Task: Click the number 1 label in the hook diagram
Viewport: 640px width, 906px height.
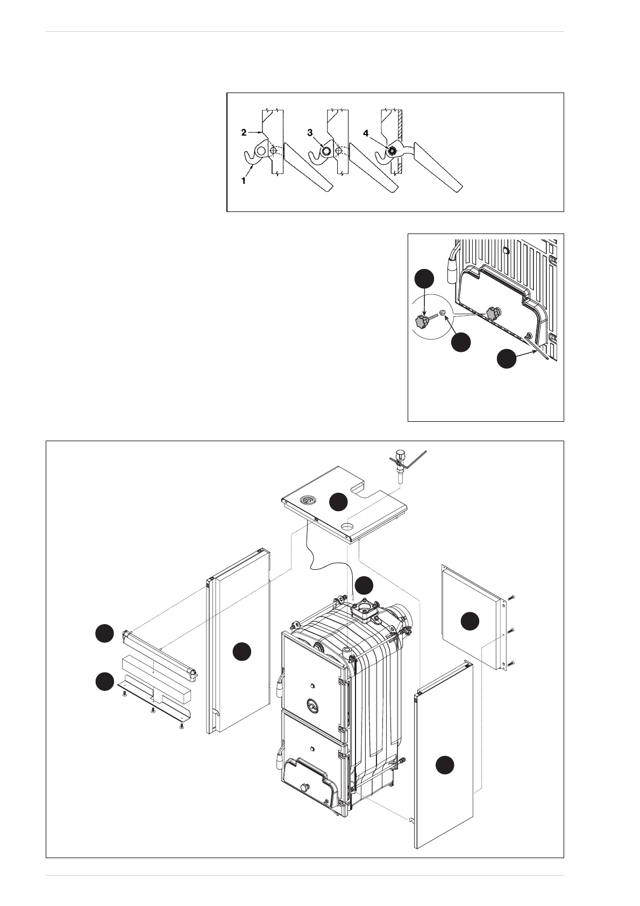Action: tap(243, 181)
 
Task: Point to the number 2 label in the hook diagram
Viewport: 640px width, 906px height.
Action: tap(244, 132)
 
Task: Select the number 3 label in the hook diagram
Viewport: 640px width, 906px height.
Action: tap(310, 132)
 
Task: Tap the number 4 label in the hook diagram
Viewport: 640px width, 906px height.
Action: tap(366, 133)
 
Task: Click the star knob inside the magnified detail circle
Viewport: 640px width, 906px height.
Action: tap(421, 322)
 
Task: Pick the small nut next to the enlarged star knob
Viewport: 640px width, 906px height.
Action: tap(443, 313)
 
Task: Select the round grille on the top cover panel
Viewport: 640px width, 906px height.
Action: tap(308, 500)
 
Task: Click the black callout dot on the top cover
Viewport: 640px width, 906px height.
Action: tap(338, 501)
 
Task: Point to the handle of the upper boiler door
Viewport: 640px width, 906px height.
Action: tap(279, 685)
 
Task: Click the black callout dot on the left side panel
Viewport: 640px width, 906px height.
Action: tap(241, 652)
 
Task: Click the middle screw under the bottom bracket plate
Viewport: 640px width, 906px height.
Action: tap(153, 710)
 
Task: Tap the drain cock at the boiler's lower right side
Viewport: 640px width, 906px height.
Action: tap(401, 761)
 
